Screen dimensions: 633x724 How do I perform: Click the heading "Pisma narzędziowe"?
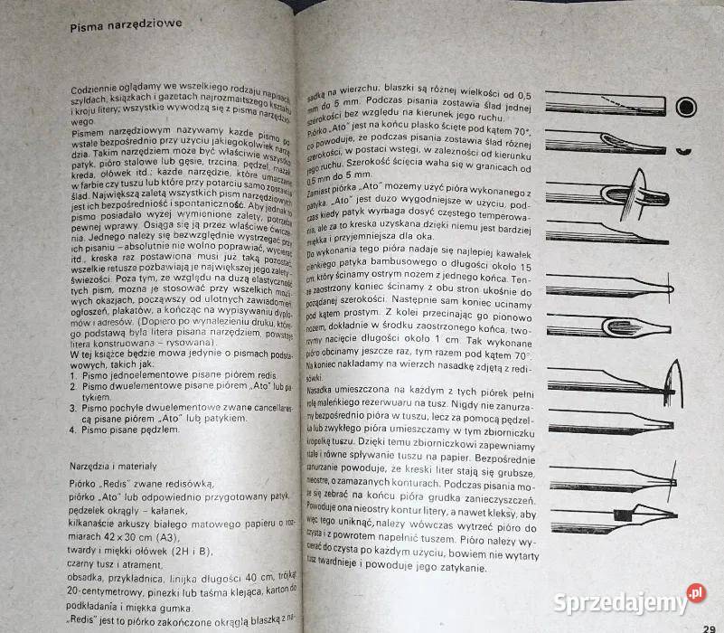click(127, 27)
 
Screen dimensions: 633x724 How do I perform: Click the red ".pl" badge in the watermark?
click(694, 592)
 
